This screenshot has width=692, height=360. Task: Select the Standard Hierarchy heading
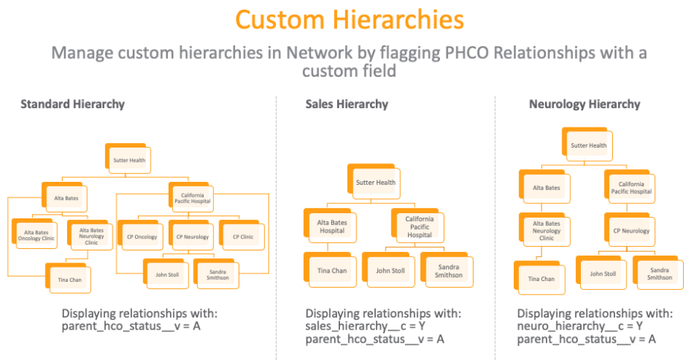[x=72, y=104]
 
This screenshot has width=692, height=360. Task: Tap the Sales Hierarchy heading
[x=347, y=104]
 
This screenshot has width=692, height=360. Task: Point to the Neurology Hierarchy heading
[x=584, y=104]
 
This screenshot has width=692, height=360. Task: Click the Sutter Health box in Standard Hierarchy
[x=128, y=160]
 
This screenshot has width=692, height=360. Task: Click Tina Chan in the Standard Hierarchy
[x=69, y=280]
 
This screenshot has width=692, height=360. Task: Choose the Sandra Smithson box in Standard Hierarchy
[x=218, y=274]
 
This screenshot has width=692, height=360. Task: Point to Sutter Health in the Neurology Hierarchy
[x=588, y=145]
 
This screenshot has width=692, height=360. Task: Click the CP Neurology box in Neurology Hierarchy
[x=631, y=231]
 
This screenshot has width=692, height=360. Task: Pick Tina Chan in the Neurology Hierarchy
[x=541, y=279]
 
